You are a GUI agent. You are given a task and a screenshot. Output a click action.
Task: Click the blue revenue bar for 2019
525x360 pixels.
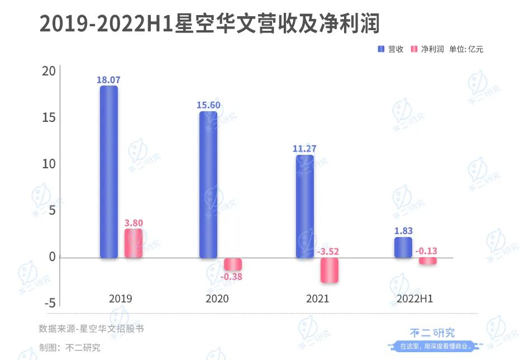pyautogui.click(x=109, y=172)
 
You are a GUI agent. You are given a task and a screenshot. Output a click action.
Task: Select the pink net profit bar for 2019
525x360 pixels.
pyautogui.click(x=133, y=243)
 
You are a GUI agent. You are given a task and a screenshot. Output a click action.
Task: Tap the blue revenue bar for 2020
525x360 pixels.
pyautogui.click(x=208, y=184)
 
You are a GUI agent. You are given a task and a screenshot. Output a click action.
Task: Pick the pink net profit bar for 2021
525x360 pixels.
pyautogui.click(x=330, y=270)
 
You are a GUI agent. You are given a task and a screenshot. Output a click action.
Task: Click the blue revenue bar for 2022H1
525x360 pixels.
pyautogui.click(x=403, y=248)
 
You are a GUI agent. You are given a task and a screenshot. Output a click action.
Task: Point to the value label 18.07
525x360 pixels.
pyautogui.click(x=108, y=80)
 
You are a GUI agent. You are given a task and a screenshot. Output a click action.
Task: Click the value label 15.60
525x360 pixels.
pyautogui.click(x=208, y=105)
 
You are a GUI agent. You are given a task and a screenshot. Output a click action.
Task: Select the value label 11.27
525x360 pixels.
pyautogui.click(x=305, y=149)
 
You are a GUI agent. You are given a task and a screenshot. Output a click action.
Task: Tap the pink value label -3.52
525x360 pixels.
pyautogui.click(x=328, y=252)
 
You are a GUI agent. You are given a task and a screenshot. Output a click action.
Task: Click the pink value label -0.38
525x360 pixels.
pyautogui.click(x=231, y=276)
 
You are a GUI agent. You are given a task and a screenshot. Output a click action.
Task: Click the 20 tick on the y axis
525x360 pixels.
pyautogui.click(x=49, y=72)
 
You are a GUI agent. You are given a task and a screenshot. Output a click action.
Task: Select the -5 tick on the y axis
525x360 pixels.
pyautogui.click(x=49, y=303)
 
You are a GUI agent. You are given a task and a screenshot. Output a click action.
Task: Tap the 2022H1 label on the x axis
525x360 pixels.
pyautogui.click(x=414, y=299)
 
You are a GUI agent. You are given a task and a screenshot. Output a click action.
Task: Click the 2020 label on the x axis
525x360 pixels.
pyautogui.click(x=217, y=299)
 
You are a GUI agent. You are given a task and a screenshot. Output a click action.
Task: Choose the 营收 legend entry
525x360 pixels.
pyautogui.click(x=390, y=49)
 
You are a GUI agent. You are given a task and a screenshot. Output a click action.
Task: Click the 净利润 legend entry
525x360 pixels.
pyautogui.click(x=427, y=49)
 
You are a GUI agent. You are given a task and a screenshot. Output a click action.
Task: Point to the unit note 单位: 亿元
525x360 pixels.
pyautogui.click(x=466, y=49)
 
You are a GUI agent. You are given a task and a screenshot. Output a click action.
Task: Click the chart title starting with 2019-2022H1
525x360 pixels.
pyautogui.click(x=209, y=24)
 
